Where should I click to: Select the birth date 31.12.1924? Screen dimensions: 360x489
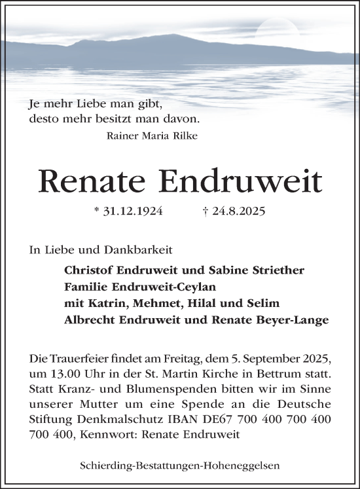(x=129, y=212)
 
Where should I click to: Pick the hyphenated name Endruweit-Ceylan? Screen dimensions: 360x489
(x=159, y=286)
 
